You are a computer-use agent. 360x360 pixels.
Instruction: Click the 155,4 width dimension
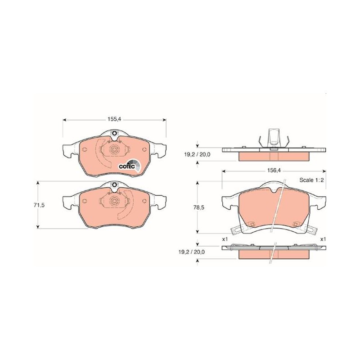point(114,119)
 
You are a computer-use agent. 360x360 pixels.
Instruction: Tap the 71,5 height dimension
point(39,205)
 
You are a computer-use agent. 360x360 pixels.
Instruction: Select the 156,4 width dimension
point(274,171)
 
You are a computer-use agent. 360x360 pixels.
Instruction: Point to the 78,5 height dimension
point(199,207)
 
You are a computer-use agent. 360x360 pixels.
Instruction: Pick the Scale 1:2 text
point(311,180)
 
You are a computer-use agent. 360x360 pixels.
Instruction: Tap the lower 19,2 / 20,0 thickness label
point(192,252)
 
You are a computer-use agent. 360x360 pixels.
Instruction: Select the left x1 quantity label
point(225,239)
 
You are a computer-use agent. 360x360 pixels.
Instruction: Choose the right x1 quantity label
point(323,239)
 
